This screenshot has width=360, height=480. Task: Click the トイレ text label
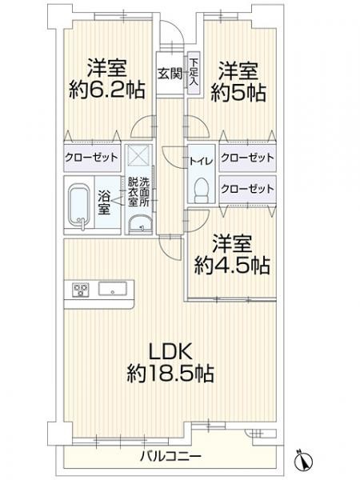[200, 162]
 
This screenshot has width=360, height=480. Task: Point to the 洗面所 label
[146, 191]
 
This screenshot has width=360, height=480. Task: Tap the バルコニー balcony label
[169, 456]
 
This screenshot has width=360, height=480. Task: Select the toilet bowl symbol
[202, 189]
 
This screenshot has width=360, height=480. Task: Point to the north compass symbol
[305, 460]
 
